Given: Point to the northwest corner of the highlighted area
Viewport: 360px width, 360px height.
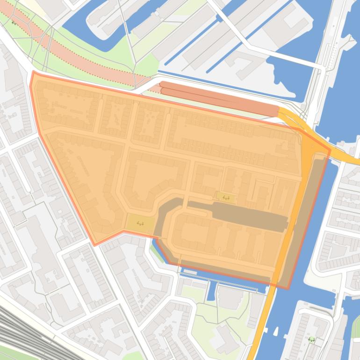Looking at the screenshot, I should pyautogui.click(x=33, y=72).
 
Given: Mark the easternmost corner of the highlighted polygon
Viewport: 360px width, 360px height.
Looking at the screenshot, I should pyautogui.click(x=330, y=150).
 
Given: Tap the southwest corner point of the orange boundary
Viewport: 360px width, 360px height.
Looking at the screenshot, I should pyautogui.click(x=95, y=245).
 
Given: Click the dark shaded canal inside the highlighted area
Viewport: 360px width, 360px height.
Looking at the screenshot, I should pyautogui.click(x=248, y=215).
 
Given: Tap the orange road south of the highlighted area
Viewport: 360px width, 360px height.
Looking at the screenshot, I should pyautogui.click(x=259, y=327).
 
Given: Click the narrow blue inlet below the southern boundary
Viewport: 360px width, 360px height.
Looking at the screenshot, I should pyautogui.click(x=211, y=290).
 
